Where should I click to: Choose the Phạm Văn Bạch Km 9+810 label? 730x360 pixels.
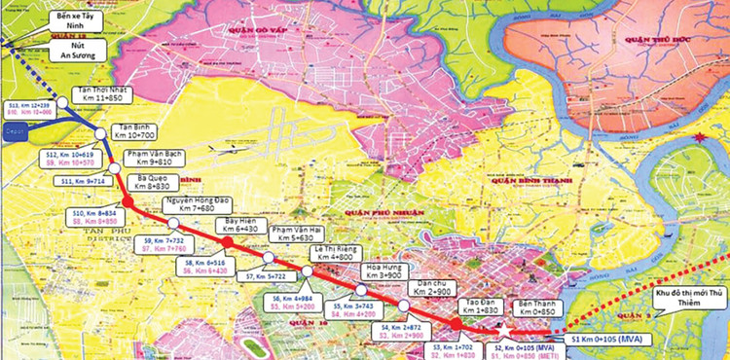pos(176,160)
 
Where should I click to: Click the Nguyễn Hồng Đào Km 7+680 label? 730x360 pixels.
pos(197,204)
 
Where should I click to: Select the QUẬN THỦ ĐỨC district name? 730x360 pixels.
pos(651,42)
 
